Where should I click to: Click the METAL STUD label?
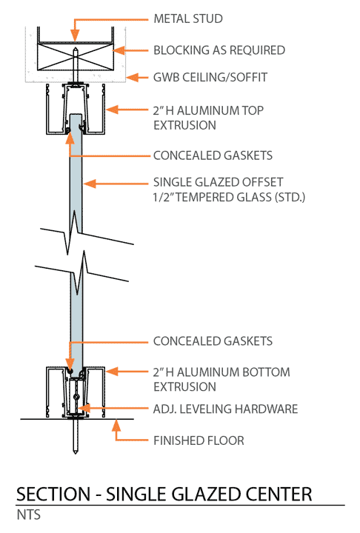coord(188,19)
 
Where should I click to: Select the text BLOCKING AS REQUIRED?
coord(219,50)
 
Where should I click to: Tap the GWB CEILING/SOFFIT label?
coord(210,78)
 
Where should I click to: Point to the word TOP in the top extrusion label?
coord(253,110)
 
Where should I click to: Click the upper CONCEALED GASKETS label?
coord(213,155)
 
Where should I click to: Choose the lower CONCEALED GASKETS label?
coord(213,341)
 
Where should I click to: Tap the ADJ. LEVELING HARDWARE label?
coord(226,409)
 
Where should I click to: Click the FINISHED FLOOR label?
coord(199,441)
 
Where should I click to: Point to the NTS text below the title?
coord(29,514)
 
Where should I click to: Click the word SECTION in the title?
coord(53,495)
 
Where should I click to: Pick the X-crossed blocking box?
coord(75,57)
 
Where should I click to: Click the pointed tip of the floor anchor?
coord(76,453)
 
